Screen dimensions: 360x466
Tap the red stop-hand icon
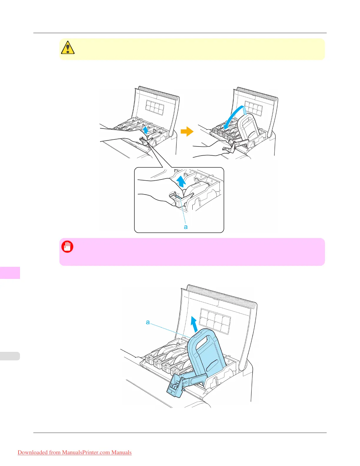pyautogui.click(x=67, y=247)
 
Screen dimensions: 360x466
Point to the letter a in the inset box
pyautogui.click(x=186, y=227)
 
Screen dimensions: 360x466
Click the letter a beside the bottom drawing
pyautogui.click(x=148, y=322)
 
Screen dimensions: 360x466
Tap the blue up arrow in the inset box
pyautogui.click(x=181, y=181)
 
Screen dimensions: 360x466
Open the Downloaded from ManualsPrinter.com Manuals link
pyautogui.click(x=75, y=452)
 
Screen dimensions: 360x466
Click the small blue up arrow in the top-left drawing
pyautogui.click(x=145, y=130)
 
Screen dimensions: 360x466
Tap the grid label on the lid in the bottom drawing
pyautogui.click(x=215, y=321)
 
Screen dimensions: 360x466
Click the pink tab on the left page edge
pyautogui.click(x=10, y=273)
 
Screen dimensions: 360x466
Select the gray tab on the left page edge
pyautogui.click(x=10, y=356)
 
